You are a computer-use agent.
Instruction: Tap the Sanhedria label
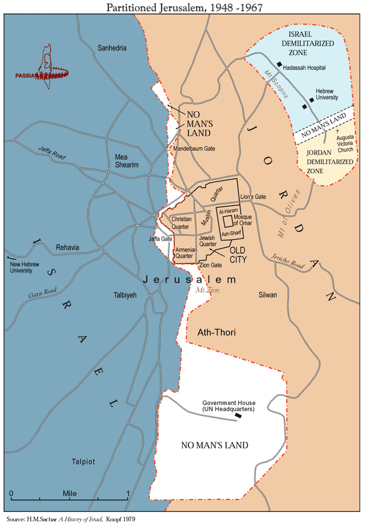pyautogui.click(x=112, y=48)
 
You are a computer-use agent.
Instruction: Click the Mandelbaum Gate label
pyautogui.click(x=194, y=149)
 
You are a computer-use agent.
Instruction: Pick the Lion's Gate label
pyautogui.click(x=253, y=197)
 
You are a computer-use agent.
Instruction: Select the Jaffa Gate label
pyautogui.click(x=160, y=238)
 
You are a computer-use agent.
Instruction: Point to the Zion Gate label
pyautogui.click(x=211, y=265)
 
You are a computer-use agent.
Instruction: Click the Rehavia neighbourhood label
pyautogui.click(x=67, y=247)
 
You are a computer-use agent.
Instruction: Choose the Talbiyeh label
pyautogui.click(x=125, y=295)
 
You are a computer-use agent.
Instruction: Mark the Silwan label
pyautogui.click(x=267, y=295)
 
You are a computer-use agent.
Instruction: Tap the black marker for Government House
pyautogui.click(x=238, y=416)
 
